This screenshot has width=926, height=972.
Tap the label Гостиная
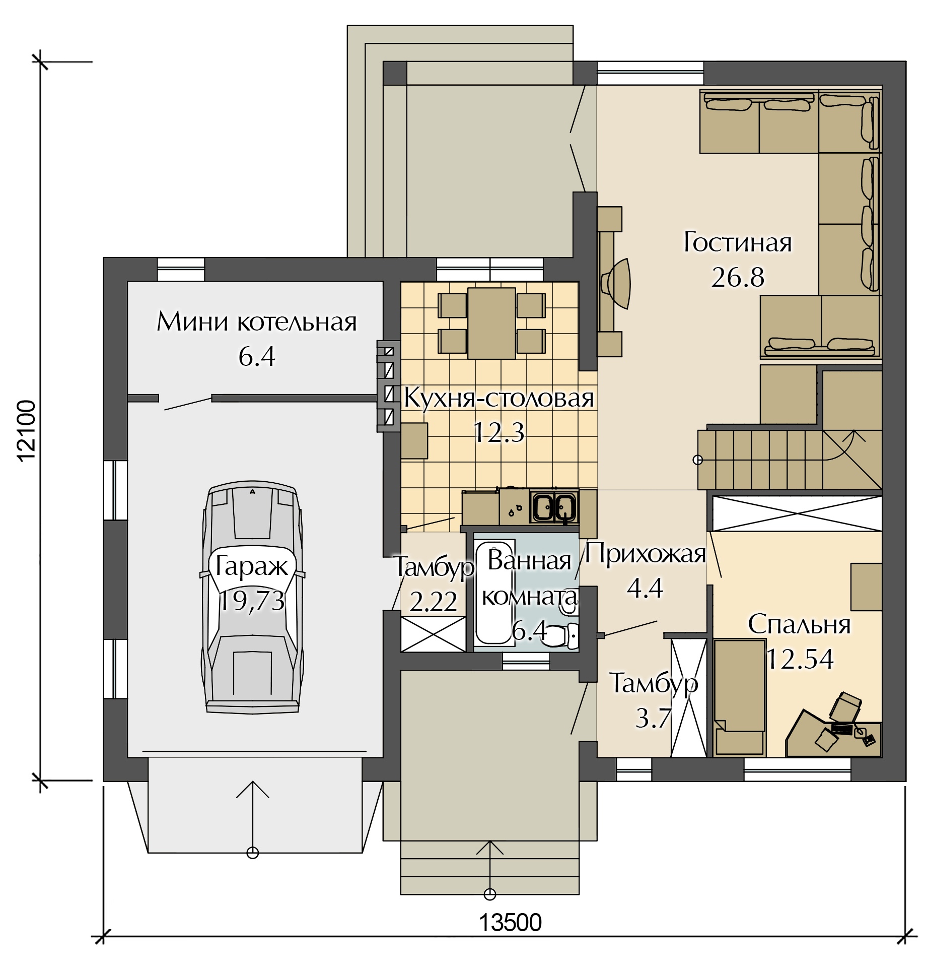pyautogui.click(x=738, y=242)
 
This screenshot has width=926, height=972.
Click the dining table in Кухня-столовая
pyautogui.click(x=491, y=323)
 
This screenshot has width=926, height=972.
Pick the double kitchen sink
pyautogui.click(x=554, y=506)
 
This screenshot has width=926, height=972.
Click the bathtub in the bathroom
pyautogui.click(x=494, y=592)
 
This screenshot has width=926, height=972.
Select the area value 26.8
pyautogui.click(x=738, y=277)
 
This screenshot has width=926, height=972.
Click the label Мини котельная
pyautogui.click(x=256, y=321)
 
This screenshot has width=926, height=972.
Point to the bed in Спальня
pyautogui.click(x=739, y=697)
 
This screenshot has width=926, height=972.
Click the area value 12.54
pyautogui.click(x=800, y=659)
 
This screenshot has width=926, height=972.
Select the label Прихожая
pyautogui.click(x=646, y=554)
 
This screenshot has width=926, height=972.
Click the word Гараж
pyautogui.click(x=251, y=566)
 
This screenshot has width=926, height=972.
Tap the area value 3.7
pyautogui.click(x=654, y=718)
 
